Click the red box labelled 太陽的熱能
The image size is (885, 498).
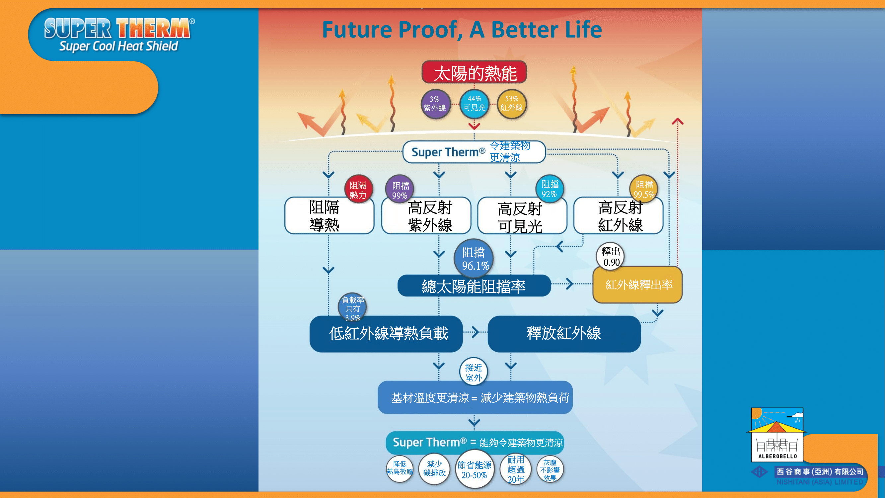coord(474,72)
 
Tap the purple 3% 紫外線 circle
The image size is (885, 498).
coord(435,104)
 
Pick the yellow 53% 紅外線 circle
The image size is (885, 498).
coord(512,104)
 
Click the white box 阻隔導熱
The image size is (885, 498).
coord(329,215)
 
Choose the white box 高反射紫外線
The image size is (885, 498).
coord(426,215)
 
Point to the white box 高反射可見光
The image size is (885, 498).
coord(522,215)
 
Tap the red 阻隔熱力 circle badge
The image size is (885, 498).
coord(358,189)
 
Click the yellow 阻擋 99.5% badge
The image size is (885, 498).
coord(643,189)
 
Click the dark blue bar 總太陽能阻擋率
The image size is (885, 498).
coord(474,285)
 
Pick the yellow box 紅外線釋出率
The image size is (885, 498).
coord(638,285)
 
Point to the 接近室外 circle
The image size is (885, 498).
coord(474,372)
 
